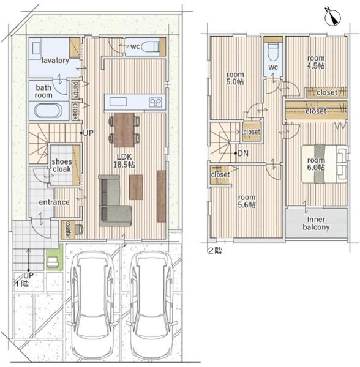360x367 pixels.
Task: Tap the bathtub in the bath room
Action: (x=48, y=111)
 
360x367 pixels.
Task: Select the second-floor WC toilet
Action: (x=273, y=52)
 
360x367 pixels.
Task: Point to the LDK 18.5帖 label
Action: (x=124, y=160)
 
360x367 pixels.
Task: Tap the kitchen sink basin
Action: (x=119, y=102)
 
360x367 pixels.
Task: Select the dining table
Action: (x=124, y=130)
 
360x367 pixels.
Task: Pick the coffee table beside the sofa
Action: (x=136, y=187)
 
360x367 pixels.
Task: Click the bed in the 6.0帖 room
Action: (x=324, y=163)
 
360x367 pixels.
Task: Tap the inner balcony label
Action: (x=316, y=223)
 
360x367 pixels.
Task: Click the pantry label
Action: (x=76, y=90)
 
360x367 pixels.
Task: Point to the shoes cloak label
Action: (x=62, y=165)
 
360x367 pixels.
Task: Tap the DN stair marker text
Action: (x=243, y=154)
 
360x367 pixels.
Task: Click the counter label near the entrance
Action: (x=68, y=229)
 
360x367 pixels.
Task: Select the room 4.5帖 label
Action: (x=316, y=62)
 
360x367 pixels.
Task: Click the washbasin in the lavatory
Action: (x=36, y=49)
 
